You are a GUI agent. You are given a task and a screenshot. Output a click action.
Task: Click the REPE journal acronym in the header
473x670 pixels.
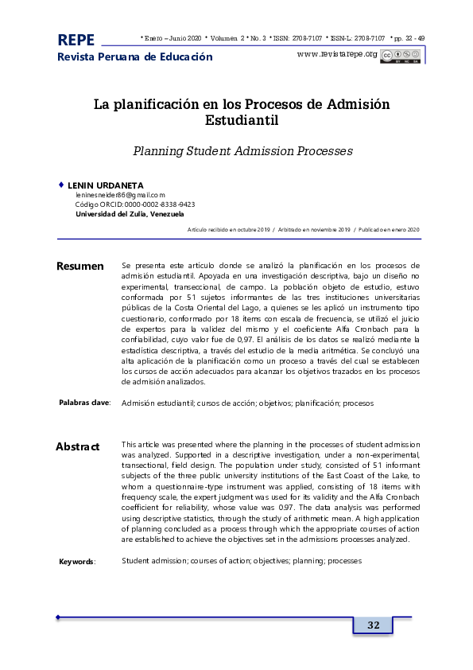pyautogui.click(x=76, y=40)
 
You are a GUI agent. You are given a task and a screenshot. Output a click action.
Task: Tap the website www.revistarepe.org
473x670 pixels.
pyautogui.click(x=336, y=54)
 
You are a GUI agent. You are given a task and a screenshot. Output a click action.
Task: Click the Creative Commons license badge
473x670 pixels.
pyautogui.click(x=401, y=55)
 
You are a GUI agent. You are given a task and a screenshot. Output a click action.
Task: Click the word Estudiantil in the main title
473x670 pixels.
pyautogui.click(x=242, y=121)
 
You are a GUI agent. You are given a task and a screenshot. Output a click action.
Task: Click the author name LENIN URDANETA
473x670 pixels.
pyautogui.click(x=106, y=185)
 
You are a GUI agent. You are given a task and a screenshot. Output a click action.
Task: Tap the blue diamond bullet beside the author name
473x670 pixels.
pyautogui.click(x=61, y=185)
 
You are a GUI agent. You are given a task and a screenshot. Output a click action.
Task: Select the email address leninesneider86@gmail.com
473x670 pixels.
pyautogui.click(x=120, y=195)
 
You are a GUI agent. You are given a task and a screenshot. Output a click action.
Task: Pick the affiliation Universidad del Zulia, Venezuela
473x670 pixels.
pyautogui.click(x=130, y=214)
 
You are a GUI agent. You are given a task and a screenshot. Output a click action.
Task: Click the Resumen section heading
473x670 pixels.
pyautogui.click(x=80, y=266)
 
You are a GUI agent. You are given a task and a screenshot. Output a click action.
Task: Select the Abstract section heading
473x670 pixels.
pyautogui.click(x=78, y=446)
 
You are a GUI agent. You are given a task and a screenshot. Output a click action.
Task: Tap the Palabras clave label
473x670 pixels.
pyautogui.click(x=85, y=403)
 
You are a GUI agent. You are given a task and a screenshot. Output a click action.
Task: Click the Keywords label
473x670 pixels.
pyautogui.click(x=77, y=562)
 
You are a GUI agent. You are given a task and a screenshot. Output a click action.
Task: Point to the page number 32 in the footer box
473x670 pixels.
pyautogui.click(x=373, y=625)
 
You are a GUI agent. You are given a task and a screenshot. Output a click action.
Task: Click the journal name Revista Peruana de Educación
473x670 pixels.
pyautogui.click(x=135, y=57)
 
